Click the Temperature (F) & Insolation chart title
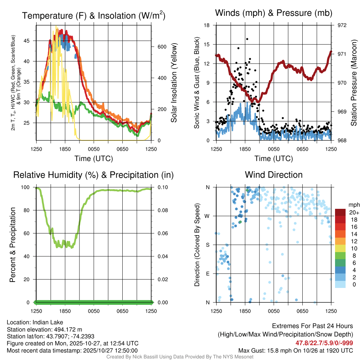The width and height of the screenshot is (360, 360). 94,16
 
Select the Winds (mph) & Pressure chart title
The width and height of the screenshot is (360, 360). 274,13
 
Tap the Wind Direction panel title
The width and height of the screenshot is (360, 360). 274,175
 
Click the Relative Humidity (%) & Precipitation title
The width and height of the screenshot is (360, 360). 94,175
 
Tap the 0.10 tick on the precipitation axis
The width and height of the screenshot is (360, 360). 162,187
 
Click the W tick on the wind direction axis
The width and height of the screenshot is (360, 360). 208,216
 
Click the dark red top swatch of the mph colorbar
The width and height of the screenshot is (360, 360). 340,213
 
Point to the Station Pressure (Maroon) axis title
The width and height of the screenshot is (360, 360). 354,83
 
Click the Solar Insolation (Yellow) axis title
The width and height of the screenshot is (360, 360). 174,83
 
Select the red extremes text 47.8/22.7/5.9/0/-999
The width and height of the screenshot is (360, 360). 324,343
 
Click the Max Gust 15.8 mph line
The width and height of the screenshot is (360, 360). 296,350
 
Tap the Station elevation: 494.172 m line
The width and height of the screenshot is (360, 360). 44,329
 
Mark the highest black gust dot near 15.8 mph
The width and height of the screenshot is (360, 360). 247,39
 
